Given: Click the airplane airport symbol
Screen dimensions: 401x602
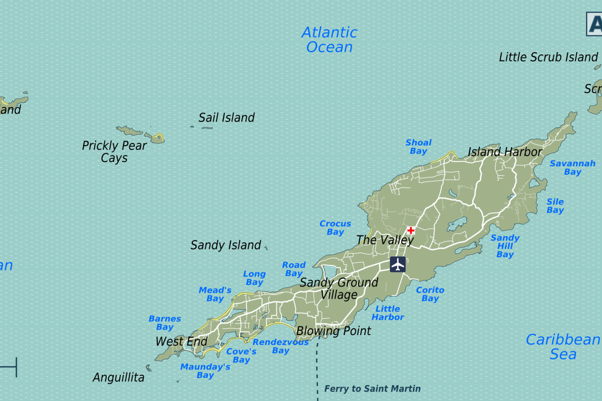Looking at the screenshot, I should coord(398,264).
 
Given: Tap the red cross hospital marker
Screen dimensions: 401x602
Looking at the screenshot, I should coord(411,231).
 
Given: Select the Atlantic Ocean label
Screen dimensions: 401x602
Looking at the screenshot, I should coord(330,40).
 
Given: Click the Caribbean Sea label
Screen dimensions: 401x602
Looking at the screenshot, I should coord(563,347).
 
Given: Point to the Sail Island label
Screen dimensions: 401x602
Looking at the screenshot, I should coord(227,118).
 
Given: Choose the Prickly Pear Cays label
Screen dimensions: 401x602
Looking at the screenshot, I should coord(114,151).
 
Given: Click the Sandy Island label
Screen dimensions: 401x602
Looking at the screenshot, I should coord(225,245).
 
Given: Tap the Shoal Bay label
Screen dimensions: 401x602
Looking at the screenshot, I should coord(418,147).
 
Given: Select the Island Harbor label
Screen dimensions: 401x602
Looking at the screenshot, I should coord(505,152).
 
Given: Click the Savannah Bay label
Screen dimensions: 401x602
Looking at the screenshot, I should coord(572,168).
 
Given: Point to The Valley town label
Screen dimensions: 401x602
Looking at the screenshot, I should coord(385,240).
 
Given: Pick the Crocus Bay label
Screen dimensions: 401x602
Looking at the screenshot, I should coord(335,228).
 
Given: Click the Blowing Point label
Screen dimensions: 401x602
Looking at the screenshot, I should coord(334,331).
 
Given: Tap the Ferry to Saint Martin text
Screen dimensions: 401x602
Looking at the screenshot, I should coord(372,389).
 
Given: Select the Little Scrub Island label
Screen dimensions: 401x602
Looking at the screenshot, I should coord(548,57).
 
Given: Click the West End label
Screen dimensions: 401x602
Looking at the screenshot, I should coord(181,342).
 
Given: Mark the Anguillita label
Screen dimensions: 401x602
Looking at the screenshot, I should coord(118,378).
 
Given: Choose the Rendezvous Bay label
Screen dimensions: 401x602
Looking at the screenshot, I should coord(280,346).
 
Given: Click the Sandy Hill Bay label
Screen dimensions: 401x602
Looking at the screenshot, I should coord(505,246).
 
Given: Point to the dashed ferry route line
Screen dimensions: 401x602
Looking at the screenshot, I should coord(318,369).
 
